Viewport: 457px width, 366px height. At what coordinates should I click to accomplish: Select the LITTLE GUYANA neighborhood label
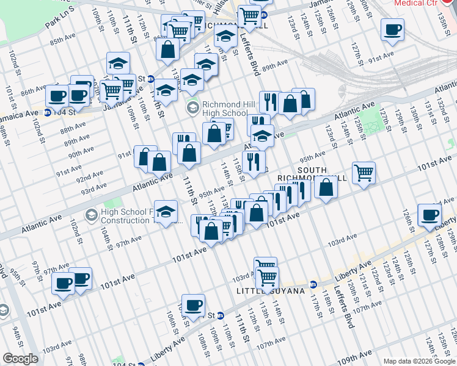point(271,292)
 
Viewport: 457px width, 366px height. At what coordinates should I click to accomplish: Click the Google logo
point(20,359)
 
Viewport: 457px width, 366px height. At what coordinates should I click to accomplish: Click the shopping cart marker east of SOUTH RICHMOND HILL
point(364,173)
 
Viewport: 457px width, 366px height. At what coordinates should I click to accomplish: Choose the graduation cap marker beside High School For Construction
point(166,212)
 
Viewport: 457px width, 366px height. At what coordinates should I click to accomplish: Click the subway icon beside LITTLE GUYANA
point(313,284)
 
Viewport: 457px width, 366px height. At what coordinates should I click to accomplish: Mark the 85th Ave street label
point(63,42)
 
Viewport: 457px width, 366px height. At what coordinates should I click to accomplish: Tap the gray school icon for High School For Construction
point(91,215)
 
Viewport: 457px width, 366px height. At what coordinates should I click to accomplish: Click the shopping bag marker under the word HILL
point(326,187)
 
